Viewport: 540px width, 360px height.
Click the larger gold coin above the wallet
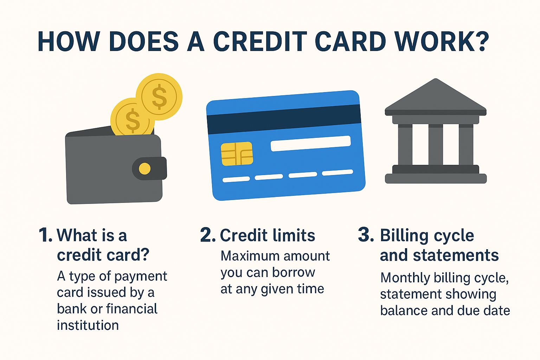(159, 97)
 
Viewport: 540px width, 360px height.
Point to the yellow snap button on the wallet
(144, 168)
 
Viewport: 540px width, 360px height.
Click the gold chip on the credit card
(237, 154)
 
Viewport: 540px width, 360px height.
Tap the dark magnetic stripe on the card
(284, 120)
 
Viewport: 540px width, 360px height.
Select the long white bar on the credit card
(310, 143)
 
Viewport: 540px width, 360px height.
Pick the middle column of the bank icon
(436, 144)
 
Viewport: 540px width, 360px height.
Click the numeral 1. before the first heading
(45, 235)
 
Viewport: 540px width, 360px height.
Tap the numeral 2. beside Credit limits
(208, 235)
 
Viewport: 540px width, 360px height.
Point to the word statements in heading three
(456, 255)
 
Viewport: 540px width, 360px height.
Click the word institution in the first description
(88, 325)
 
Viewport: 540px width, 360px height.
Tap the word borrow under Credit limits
(294, 272)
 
